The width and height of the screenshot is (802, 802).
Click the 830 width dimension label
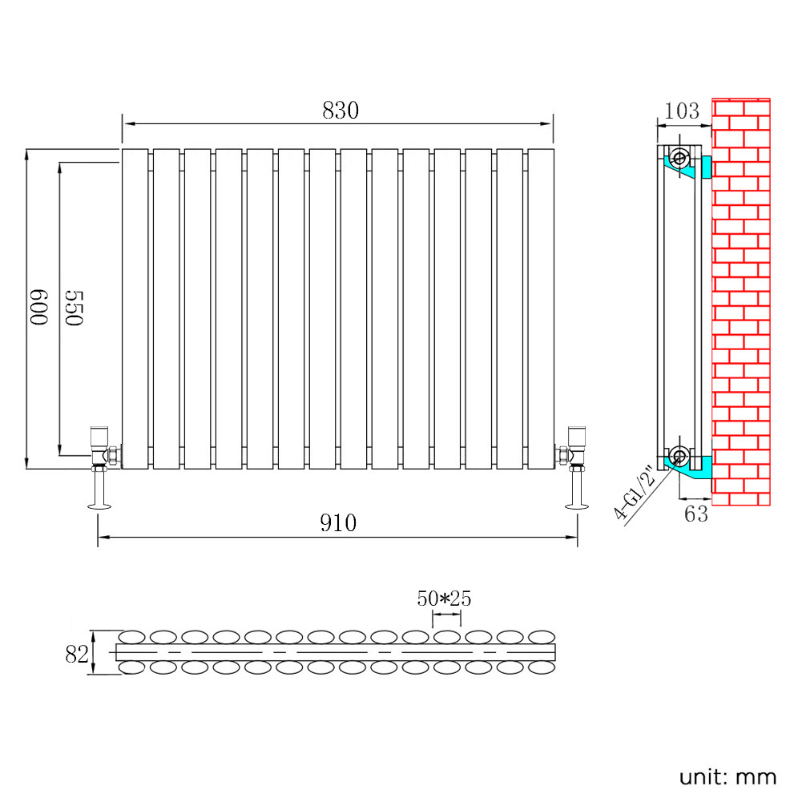(x=341, y=111)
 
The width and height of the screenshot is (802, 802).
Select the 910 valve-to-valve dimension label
(x=338, y=523)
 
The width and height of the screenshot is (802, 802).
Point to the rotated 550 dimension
(x=74, y=308)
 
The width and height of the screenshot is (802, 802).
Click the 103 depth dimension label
(x=683, y=111)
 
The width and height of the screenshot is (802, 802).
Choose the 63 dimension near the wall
(x=696, y=514)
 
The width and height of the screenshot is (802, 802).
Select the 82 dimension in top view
(x=76, y=654)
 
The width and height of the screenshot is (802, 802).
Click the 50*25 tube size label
(x=445, y=598)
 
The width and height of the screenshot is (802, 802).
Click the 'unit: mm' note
(x=727, y=776)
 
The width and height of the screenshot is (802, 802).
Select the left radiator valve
(x=103, y=447)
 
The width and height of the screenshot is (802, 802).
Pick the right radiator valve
(x=572, y=447)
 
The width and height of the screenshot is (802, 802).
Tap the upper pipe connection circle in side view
(x=679, y=158)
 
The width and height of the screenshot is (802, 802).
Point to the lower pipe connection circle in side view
(x=679, y=457)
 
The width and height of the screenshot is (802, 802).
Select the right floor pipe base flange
(x=575, y=505)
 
